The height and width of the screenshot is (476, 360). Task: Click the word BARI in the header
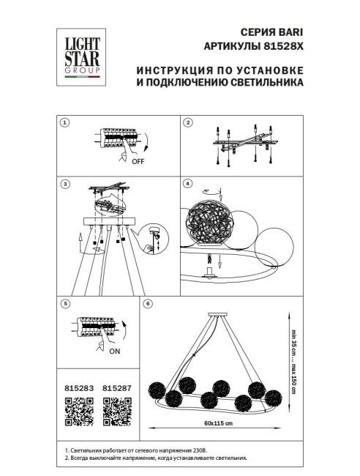click(287, 33)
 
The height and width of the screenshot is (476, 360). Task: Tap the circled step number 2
click(188, 123)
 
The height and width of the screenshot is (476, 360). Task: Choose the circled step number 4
click(188, 183)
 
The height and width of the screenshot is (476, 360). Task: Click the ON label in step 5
click(115, 352)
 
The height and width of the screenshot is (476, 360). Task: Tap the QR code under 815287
click(116, 411)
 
